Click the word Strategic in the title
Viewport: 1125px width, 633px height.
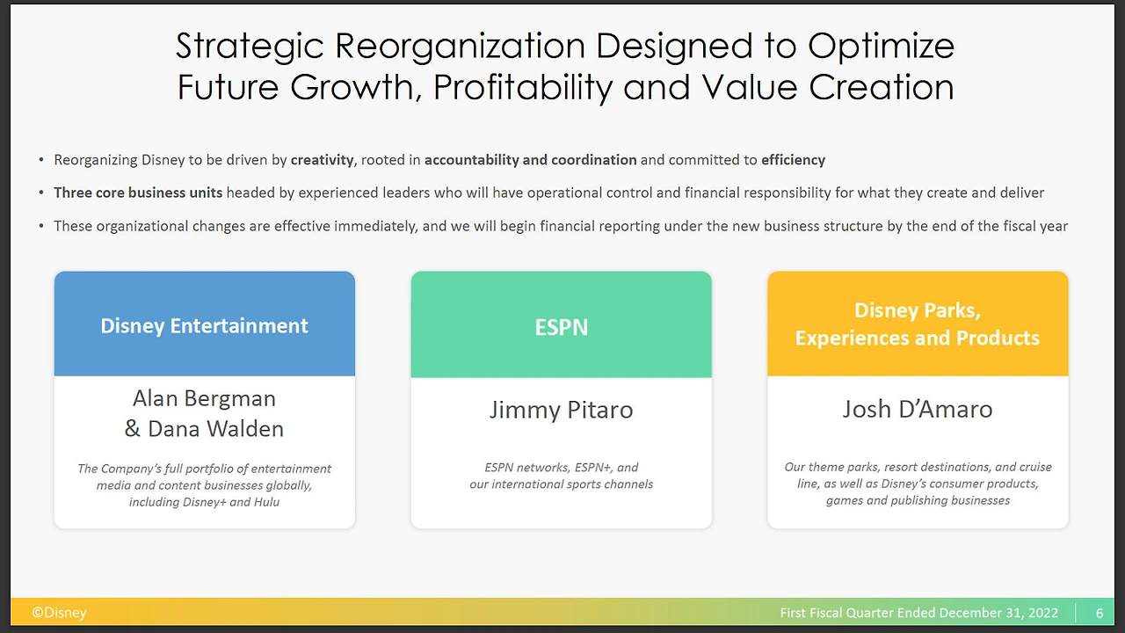(250, 47)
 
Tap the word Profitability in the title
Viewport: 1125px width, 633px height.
(523, 87)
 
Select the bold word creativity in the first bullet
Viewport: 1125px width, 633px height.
(323, 160)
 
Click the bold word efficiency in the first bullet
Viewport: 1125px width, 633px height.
(793, 160)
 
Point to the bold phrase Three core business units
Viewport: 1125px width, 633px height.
(138, 193)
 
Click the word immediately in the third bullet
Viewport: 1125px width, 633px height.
(375, 226)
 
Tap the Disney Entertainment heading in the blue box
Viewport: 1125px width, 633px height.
(205, 326)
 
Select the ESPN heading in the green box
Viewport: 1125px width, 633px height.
(561, 328)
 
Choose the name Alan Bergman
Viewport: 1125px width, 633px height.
(205, 398)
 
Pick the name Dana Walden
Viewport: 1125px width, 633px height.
(216, 428)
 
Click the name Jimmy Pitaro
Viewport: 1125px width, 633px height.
(561, 410)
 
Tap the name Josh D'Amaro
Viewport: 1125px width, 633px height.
(918, 409)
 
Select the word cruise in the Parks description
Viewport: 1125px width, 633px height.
(1036, 467)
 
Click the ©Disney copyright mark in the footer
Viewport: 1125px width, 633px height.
(59, 613)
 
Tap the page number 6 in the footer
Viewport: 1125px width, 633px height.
(1100, 613)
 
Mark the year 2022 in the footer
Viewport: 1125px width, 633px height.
(1042, 613)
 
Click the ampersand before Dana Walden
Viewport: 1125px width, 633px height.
(132, 428)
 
